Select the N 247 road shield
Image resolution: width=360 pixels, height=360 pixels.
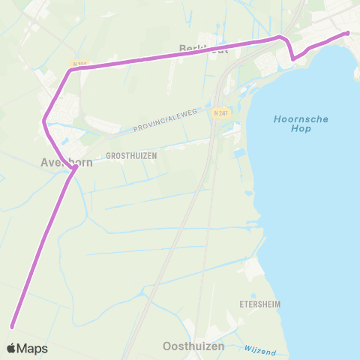coord(220,112)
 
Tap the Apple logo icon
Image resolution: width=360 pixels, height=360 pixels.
coord(13,348)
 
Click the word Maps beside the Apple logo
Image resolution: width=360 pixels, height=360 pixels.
coord(33,348)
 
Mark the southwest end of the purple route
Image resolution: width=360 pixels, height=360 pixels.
coord(13,325)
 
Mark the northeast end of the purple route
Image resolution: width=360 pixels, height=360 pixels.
coord(347,33)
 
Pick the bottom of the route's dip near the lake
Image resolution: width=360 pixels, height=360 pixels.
coord(293,58)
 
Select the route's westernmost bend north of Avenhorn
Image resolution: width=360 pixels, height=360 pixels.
coord(45,120)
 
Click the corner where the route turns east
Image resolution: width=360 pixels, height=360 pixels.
coord(70,70)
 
